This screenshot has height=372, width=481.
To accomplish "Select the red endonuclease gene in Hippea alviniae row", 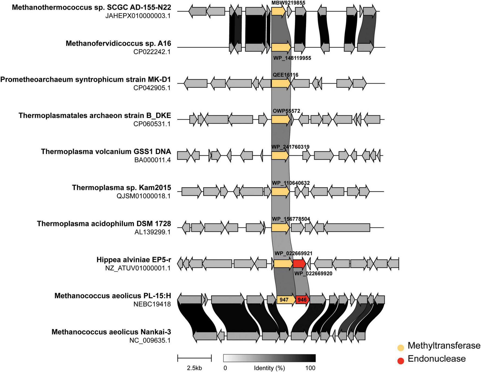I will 299,263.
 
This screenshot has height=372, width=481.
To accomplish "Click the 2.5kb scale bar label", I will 194,368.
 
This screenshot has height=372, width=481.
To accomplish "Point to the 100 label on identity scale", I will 310,368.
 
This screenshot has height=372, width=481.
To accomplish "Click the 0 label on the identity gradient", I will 225,368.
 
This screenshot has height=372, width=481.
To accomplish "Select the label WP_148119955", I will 292,58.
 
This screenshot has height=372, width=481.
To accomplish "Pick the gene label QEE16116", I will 285,75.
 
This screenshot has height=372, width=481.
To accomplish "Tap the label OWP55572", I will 286,111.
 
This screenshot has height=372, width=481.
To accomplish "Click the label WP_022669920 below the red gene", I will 313,274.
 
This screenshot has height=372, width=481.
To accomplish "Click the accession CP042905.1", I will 152,88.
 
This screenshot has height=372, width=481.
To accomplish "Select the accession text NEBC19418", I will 152,304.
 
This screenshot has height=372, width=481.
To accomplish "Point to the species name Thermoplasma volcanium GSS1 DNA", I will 106,151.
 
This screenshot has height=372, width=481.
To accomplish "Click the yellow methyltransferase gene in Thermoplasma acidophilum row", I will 280,228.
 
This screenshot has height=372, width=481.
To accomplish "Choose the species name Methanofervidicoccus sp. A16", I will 118,43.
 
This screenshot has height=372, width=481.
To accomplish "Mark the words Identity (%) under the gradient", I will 269,368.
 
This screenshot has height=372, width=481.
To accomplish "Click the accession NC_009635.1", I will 150,340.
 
